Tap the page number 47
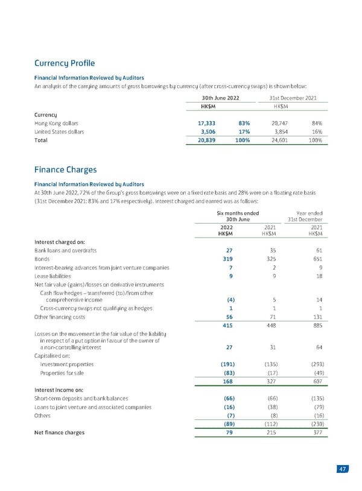[343, 470]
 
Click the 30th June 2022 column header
[220, 98]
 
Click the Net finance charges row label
[59, 432]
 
